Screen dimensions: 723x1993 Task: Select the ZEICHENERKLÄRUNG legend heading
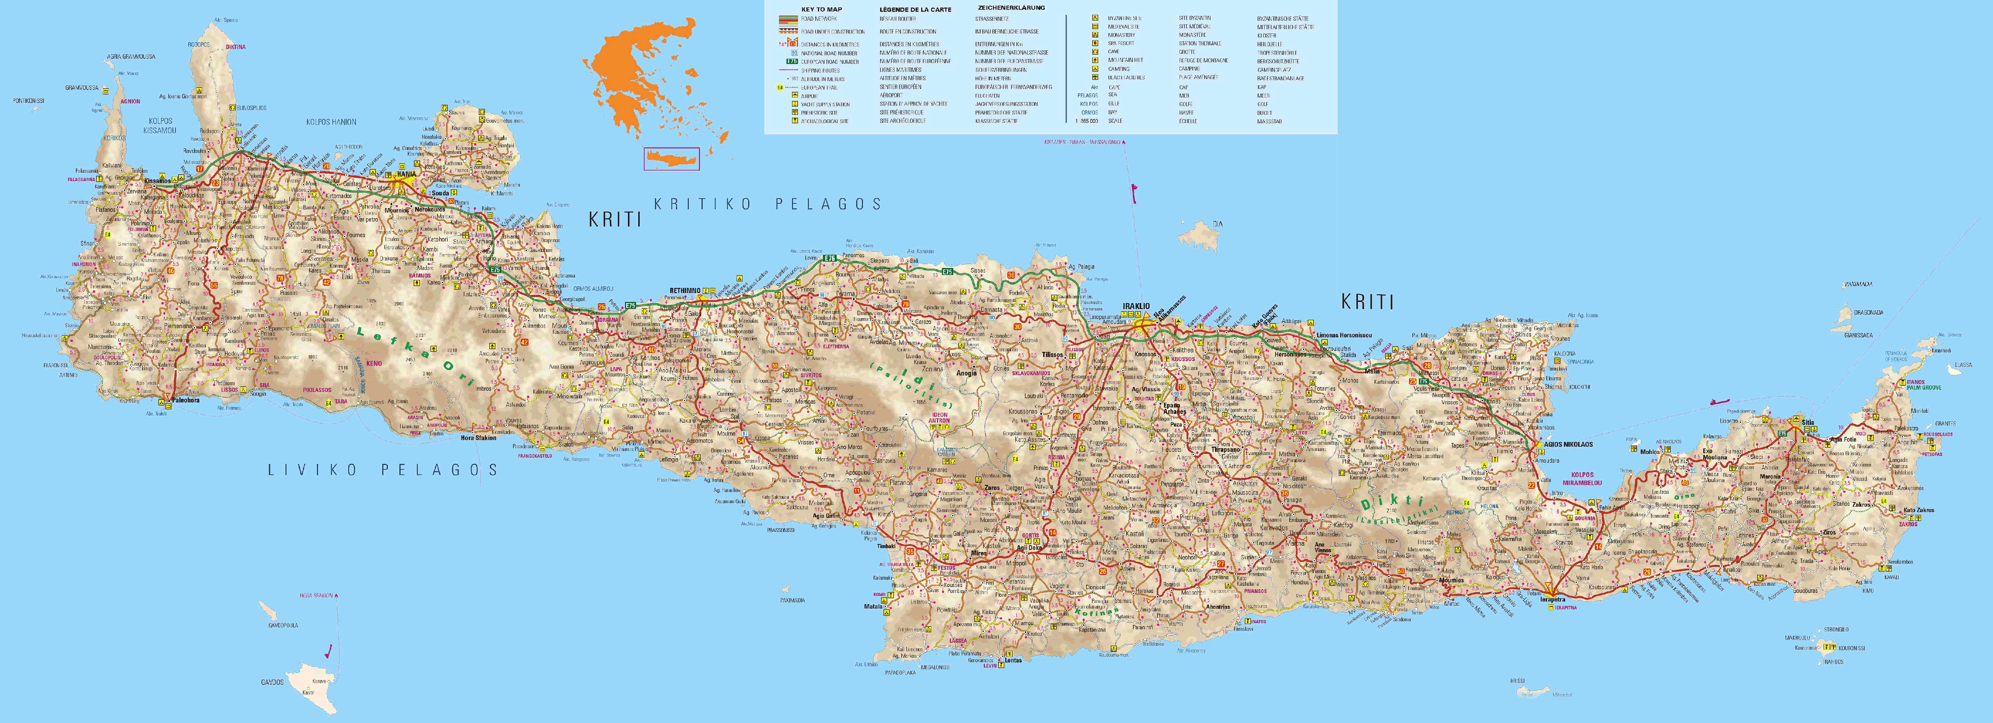[1011, 8]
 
